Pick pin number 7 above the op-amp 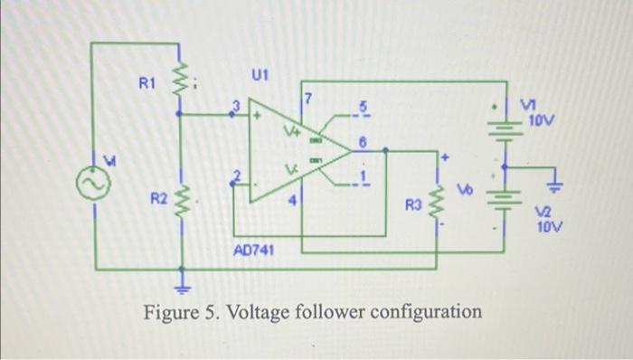pos(307,98)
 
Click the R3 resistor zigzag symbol pos(439,203)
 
